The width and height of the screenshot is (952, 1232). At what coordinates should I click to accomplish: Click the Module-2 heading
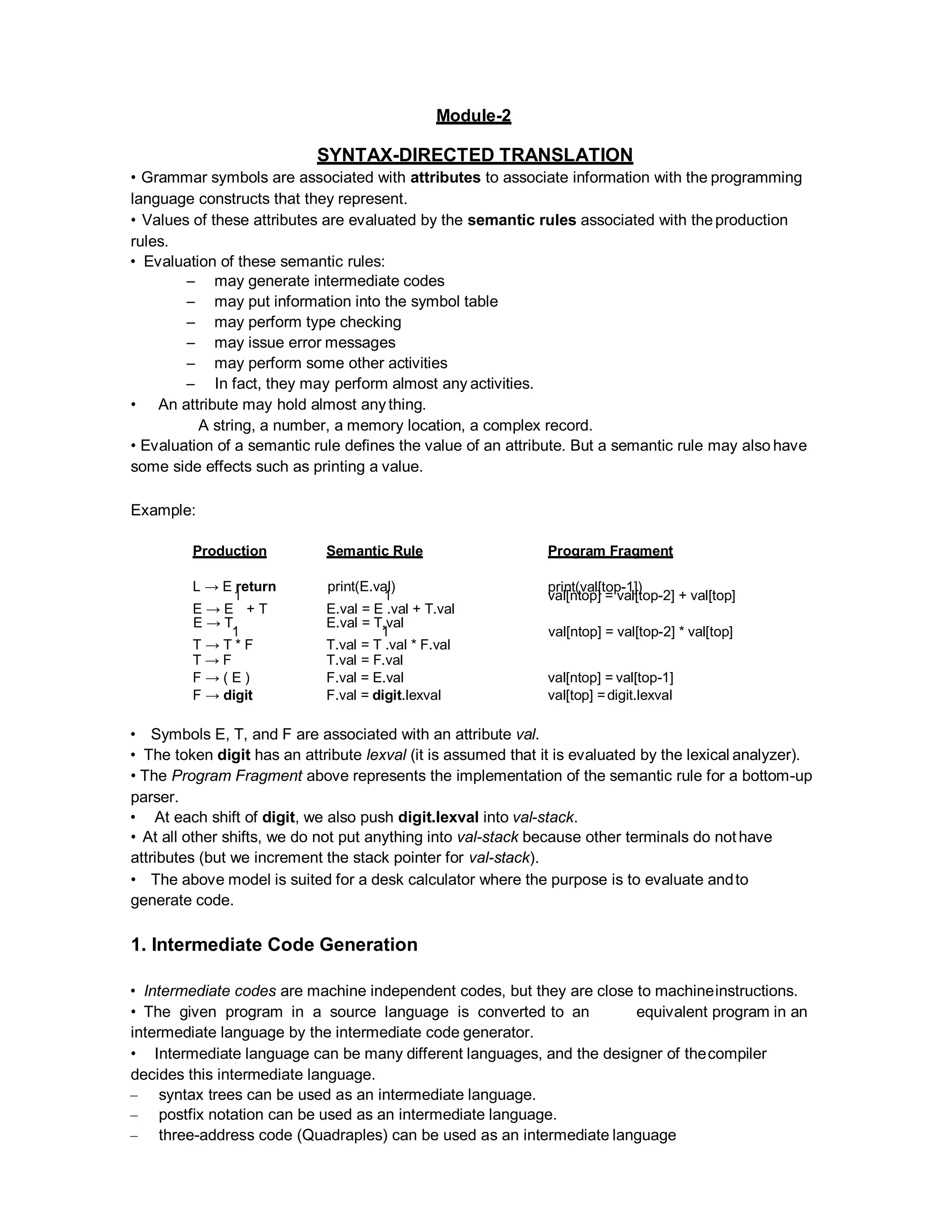coord(473,116)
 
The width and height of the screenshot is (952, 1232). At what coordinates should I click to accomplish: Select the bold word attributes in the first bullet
coord(445,177)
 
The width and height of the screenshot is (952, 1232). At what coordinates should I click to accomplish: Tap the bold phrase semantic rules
coord(521,220)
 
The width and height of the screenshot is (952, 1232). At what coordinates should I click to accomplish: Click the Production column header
coord(230,550)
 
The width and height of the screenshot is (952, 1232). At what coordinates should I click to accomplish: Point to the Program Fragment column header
coord(610,550)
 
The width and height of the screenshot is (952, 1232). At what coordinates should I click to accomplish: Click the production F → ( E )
coord(221,677)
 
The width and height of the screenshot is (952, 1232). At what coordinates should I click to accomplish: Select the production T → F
coord(212,660)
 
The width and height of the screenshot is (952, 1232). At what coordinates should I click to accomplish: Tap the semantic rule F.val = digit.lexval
coord(383,695)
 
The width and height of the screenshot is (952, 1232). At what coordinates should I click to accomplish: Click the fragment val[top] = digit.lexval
coord(610,695)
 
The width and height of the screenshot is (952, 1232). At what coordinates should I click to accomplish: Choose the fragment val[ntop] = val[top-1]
coord(610,677)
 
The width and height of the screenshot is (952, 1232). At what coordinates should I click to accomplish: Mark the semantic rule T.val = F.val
coord(364,660)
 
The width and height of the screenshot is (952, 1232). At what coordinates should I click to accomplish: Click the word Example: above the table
coord(163,510)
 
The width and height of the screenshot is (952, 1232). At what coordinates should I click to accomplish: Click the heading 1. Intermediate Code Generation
coord(274,944)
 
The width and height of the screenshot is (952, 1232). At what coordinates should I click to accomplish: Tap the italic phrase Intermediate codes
coord(210,991)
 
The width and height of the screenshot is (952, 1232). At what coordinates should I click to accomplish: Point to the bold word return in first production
coord(257,587)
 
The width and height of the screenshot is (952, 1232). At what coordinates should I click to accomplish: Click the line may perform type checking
coord(307,322)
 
